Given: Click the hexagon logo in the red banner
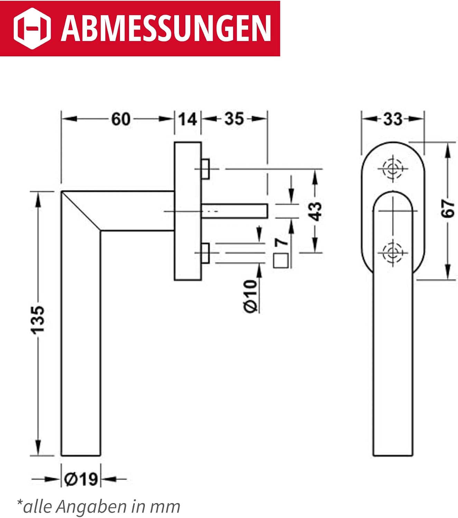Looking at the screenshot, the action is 32,28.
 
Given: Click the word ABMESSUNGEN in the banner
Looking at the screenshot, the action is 166,29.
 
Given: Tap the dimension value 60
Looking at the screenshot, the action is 121,119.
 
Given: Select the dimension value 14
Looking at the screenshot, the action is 188,119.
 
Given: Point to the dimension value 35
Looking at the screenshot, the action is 234,119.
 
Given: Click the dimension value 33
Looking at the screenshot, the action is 393,119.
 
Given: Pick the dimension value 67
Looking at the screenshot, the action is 448,209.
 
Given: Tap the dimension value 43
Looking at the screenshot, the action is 315,211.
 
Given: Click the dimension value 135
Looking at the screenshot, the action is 38,319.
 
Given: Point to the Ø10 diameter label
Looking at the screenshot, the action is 250,296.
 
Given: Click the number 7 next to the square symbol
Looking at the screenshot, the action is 281,242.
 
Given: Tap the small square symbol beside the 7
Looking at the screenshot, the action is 281,261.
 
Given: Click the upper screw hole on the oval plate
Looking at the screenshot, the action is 392,169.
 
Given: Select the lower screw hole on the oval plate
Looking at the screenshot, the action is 392,252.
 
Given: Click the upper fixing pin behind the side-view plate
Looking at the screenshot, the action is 205,169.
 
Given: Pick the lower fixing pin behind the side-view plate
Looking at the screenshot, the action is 205,253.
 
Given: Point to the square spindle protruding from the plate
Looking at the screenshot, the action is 234,211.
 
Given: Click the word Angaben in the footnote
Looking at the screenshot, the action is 91,507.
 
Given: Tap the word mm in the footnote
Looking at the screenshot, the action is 165,507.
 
